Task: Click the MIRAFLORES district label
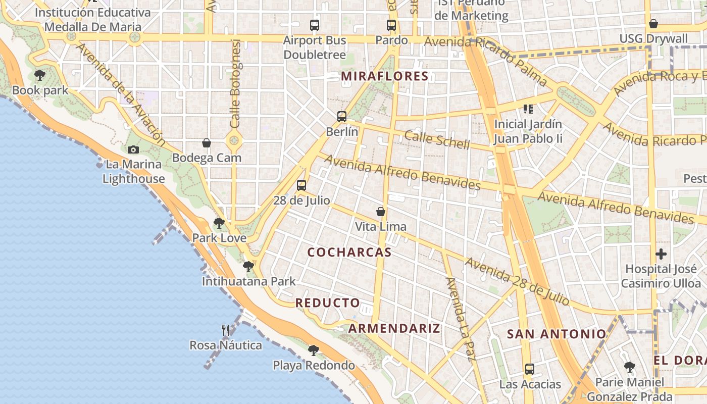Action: pos(385,76)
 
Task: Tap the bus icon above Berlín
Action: pos(342,117)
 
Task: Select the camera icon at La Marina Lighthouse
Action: pos(133,149)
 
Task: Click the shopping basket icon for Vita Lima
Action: pos(381,212)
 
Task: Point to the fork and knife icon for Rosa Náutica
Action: pos(226,330)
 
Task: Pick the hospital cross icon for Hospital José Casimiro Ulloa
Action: pos(661,254)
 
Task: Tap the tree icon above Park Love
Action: pos(219,223)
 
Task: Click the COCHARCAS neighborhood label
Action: pos(349,252)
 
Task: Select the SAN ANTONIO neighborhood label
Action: pos(556,334)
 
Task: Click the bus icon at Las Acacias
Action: pos(529,369)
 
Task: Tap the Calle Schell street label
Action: pos(437,139)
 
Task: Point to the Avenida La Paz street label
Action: pos(459,319)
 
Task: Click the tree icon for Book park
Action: pos(40,76)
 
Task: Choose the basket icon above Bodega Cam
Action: pos(207,143)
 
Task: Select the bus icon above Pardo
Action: pos(391,25)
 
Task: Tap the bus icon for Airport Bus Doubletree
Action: pos(315,25)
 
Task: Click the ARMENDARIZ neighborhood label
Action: pos(394,328)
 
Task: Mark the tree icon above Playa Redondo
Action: pos(314,350)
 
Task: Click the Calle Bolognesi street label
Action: pos(236,83)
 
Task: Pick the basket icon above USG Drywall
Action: pos(653,24)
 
